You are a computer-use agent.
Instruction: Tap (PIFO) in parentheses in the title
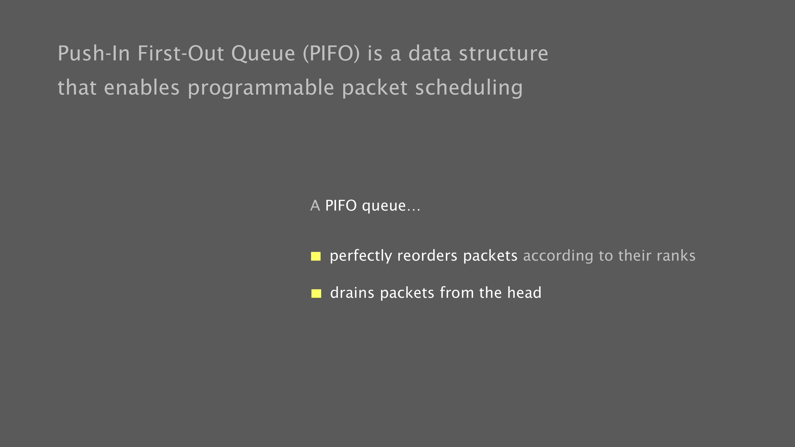coord(332,54)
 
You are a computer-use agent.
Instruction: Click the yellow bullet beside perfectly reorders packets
coord(316,256)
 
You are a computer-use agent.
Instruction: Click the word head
coord(524,293)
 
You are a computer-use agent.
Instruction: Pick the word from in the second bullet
coord(457,293)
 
